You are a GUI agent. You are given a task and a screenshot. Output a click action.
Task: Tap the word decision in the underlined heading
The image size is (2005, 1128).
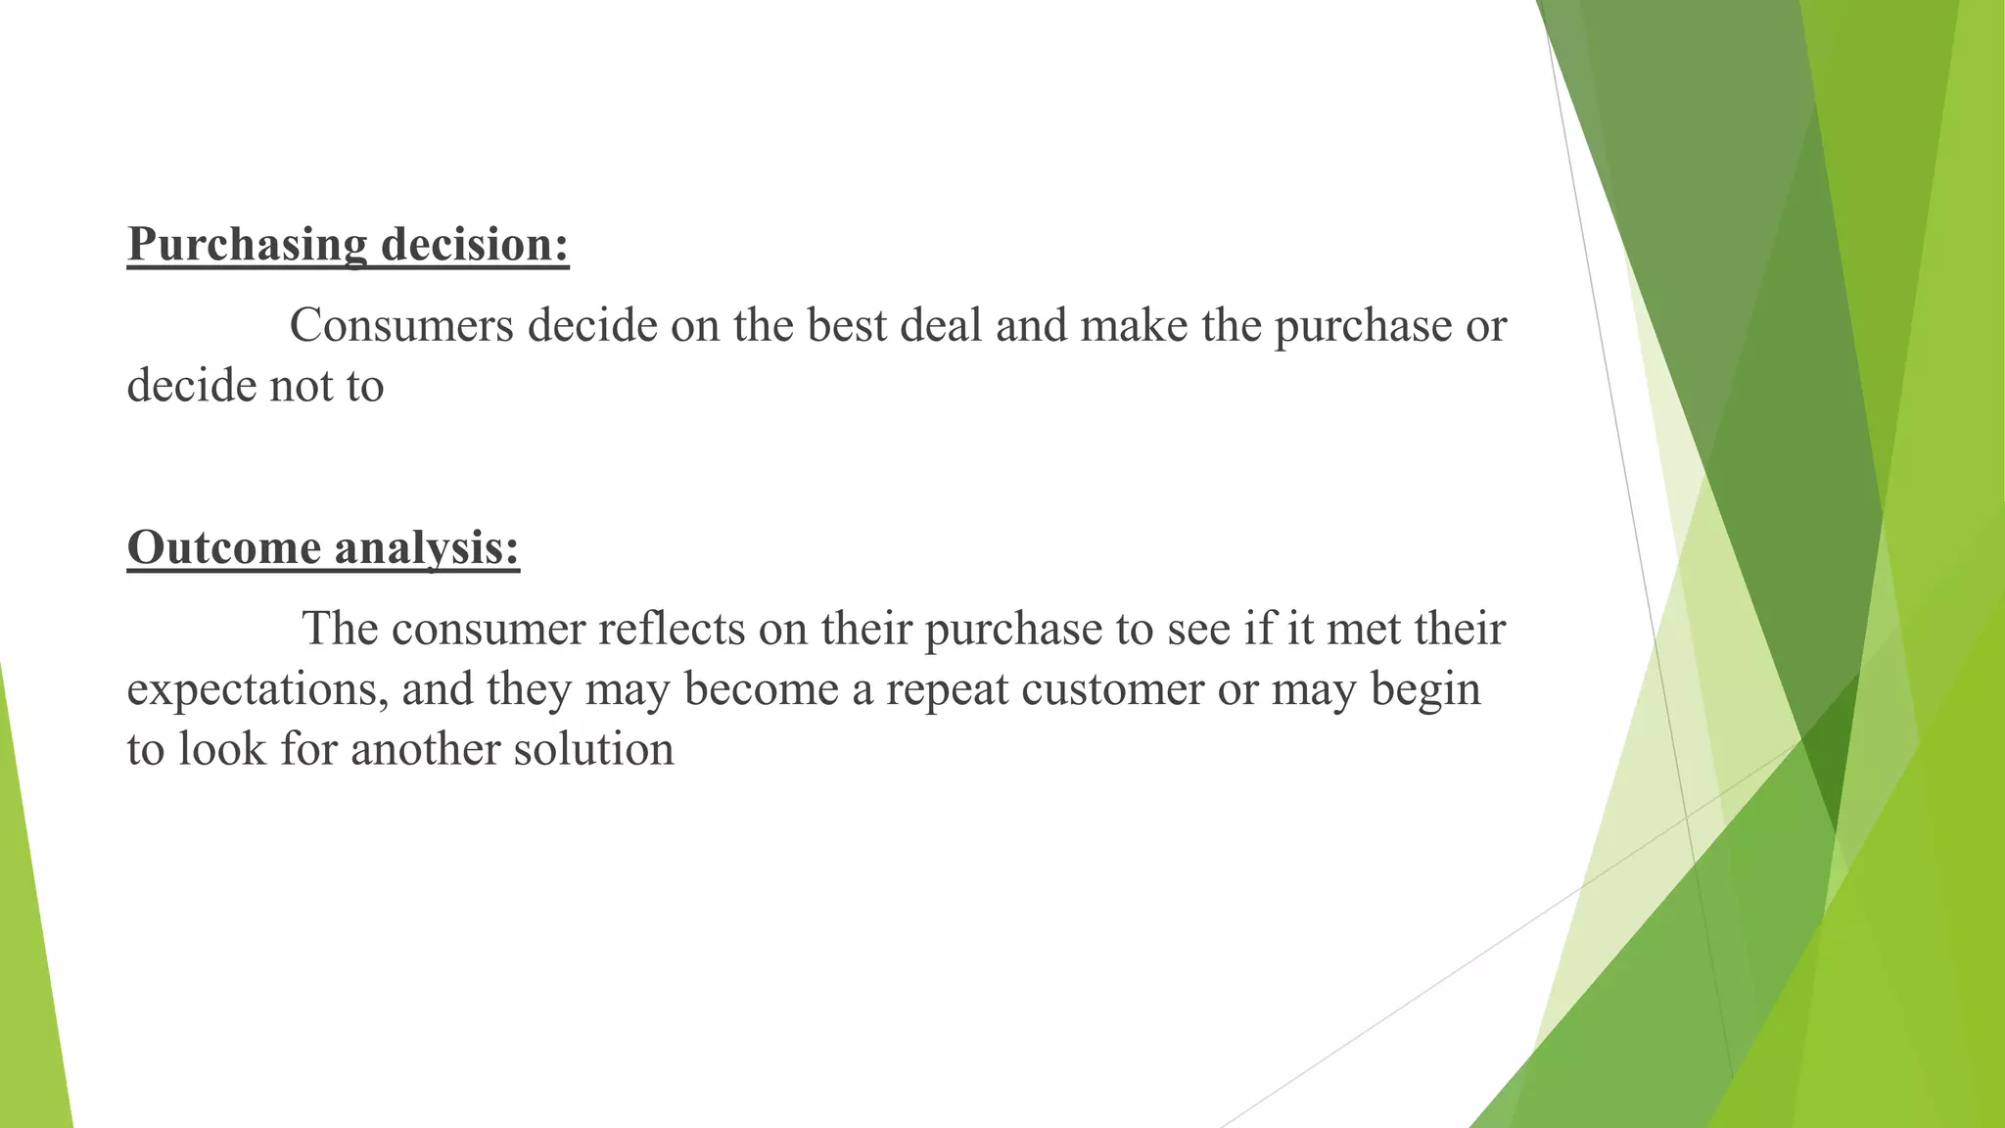pos(474,245)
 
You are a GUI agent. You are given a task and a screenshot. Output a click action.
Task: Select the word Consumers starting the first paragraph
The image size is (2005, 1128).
pos(401,325)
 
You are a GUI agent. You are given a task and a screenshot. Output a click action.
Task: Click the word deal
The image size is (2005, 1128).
pos(941,325)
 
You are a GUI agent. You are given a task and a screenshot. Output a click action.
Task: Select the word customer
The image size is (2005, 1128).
pos(1112,689)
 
